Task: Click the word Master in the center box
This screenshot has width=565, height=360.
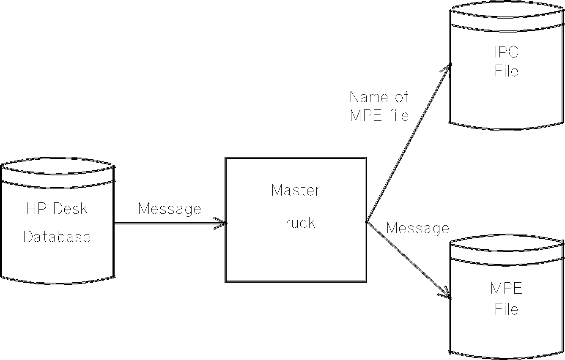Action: (x=296, y=190)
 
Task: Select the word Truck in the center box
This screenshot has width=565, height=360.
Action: (x=296, y=223)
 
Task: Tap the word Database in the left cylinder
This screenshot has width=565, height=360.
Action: (x=57, y=237)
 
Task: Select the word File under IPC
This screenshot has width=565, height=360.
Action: (x=506, y=71)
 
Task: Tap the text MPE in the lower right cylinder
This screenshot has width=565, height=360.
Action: (x=506, y=289)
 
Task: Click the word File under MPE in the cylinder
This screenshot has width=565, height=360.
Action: (x=506, y=309)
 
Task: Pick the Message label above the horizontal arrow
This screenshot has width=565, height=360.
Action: (x=170, y=209)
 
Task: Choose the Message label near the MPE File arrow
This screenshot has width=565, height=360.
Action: (x=417, y=228)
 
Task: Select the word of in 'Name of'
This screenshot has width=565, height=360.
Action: (x=400, y=97)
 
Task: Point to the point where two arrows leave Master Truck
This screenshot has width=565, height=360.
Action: (x=367, y=221)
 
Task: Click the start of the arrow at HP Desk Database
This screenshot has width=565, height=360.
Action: (x=115, y=223)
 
